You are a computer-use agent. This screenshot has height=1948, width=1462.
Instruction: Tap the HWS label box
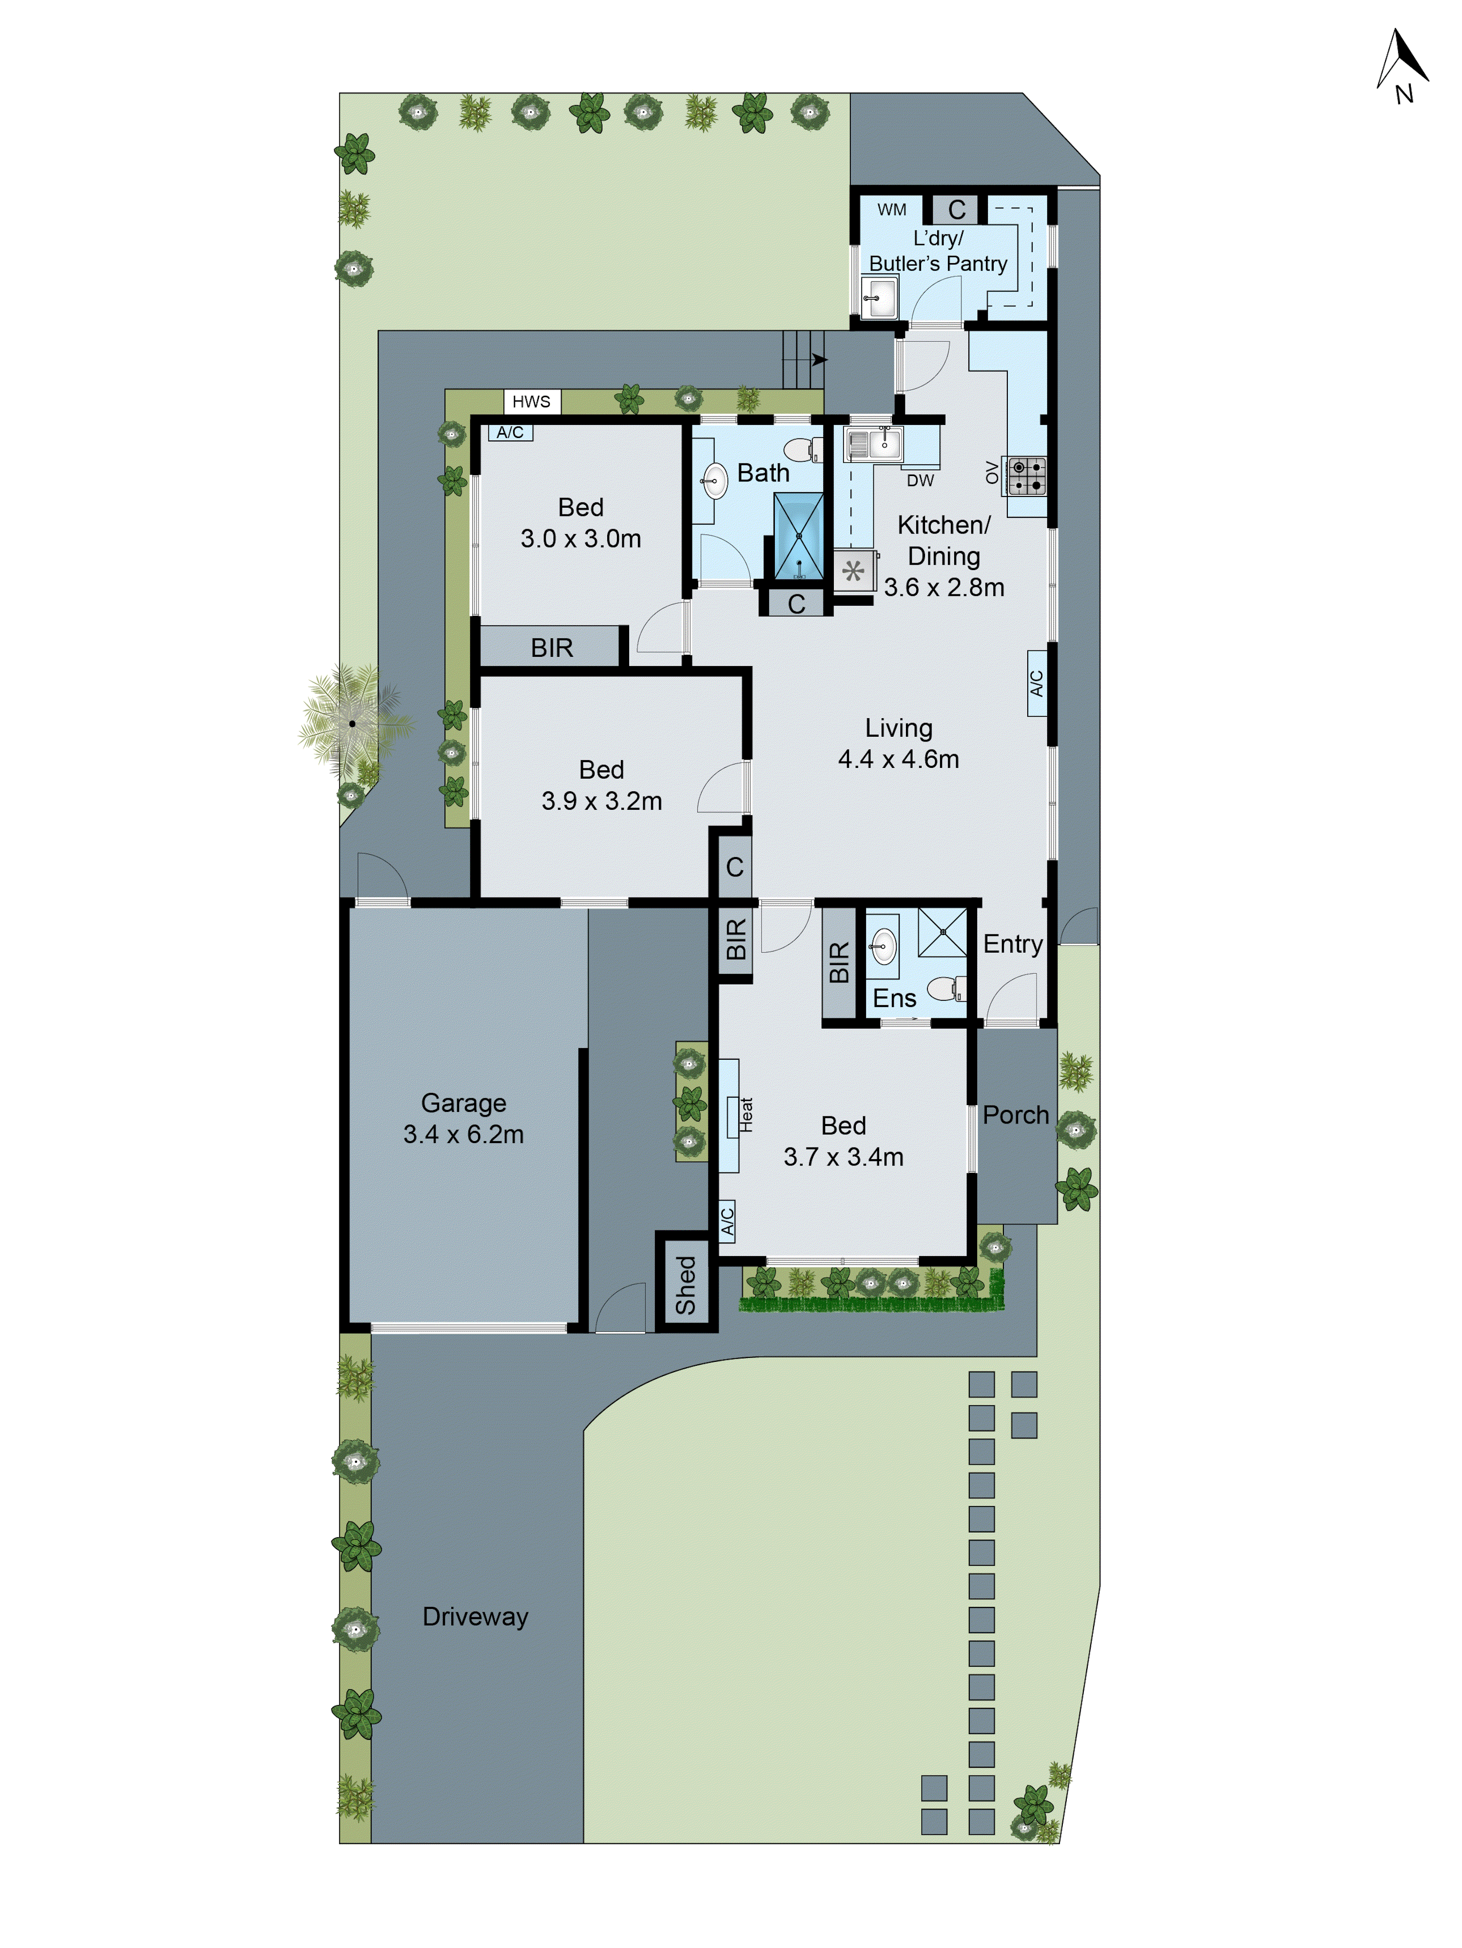531,401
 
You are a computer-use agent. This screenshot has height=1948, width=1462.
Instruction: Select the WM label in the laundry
891,210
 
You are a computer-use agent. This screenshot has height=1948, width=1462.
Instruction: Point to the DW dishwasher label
921,481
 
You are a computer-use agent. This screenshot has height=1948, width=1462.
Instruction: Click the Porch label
1016,1115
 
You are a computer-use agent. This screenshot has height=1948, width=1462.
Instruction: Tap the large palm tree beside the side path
352,723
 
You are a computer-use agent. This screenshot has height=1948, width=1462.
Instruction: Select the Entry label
1013,944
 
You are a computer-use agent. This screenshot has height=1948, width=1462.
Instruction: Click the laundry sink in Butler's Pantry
879,298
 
